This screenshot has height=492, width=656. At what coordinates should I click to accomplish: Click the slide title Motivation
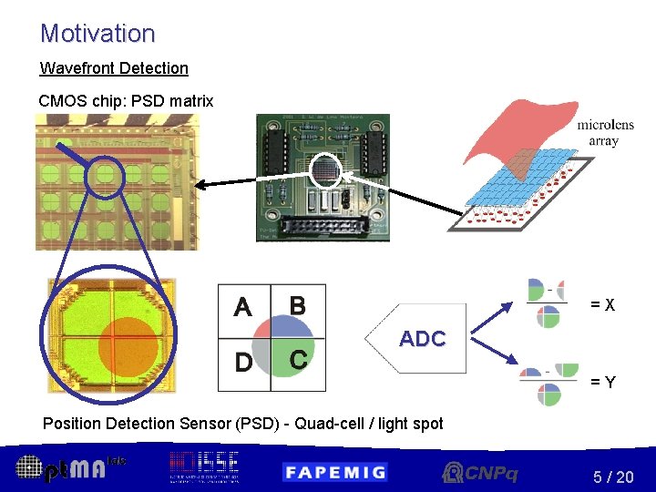click(97, 34)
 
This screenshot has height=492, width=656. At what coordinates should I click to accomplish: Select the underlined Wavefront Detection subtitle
click(114, 68)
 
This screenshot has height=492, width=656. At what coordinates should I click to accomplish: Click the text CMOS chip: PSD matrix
click(126, 101)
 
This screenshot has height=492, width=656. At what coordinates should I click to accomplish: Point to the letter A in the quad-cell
click(242, 308)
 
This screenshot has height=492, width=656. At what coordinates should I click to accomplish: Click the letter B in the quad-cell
click(297, 304)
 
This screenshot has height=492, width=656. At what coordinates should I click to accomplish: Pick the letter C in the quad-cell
click(297, 360)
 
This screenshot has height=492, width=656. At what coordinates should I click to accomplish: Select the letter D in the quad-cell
click(243, 363)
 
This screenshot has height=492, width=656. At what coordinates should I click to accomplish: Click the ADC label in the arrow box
click(422, 339)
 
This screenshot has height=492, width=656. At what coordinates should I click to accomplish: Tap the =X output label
click(602, 305)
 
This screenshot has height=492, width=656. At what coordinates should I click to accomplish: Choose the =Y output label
click(602, 383)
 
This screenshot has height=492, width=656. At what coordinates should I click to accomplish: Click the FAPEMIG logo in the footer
click(334, 471)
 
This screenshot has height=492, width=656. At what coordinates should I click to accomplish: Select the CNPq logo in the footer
click(480, 472)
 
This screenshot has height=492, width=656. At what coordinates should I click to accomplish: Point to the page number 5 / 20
click(612, 477)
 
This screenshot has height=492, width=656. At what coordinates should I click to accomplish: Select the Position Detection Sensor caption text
click(242, 423)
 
